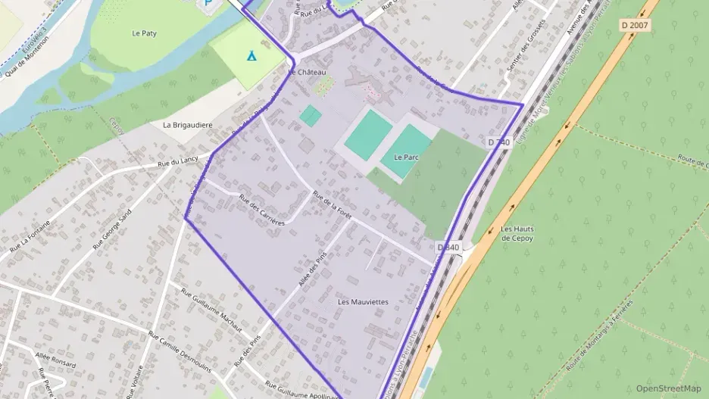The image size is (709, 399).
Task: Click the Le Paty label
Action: (x=144, y=33)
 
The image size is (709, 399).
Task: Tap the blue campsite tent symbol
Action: (x=251, y=55)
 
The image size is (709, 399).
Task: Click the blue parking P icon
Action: (x=206, y=4)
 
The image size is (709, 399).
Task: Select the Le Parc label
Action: (x=406, y=157)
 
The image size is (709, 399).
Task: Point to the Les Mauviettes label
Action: (x=363, y=301)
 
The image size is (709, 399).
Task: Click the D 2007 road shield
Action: (x=636, y=26)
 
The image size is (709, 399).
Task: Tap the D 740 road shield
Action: (x=499, y=142)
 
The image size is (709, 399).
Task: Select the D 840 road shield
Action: (x=448, y=248)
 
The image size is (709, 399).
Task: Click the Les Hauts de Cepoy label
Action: (x=517, y=233)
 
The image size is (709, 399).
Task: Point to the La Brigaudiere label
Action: (x=187, y=124)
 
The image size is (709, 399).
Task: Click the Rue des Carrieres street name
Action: (x=261, y=210)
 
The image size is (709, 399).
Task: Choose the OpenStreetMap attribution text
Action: (x=668, y=388)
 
